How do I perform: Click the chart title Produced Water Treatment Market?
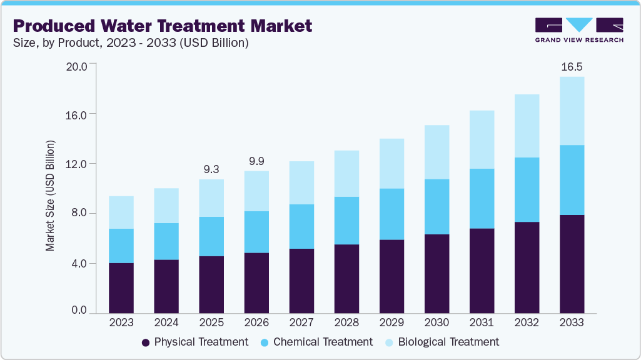[x=162, y=26]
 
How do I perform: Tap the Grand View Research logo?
[x=578, y=31]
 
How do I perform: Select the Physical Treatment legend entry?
[x=195, y=342]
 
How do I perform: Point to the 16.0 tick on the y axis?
[x=78, y=114]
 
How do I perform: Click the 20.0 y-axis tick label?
[x=78, y=64]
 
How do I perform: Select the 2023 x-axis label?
[x=121, y=323]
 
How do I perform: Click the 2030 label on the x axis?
[x=437, y=323]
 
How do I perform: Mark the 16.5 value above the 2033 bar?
[x=572, y=67]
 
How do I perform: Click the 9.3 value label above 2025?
[x=211, y=169]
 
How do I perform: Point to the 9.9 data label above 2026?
[x=256, y=161]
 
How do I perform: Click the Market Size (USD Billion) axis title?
[x=50, y=195]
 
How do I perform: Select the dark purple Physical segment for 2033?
[x=572, y=264]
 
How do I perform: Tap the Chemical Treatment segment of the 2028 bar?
[x=346, y=221]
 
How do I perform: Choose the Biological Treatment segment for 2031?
[x=482, y=139]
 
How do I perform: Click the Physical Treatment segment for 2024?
[x=166, y=286]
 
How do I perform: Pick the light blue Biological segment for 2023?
[x=121, y=212]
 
